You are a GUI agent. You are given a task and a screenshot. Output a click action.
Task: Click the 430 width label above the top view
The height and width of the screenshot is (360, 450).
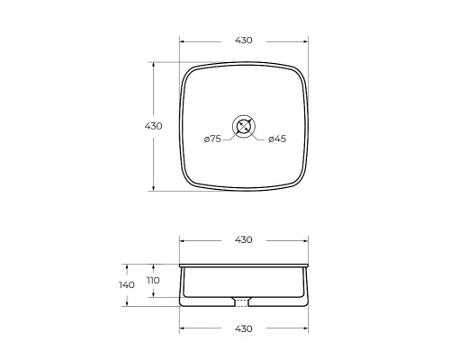coord(244,40)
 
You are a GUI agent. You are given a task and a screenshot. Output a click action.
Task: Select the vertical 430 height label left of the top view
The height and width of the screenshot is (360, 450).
coord(153,126)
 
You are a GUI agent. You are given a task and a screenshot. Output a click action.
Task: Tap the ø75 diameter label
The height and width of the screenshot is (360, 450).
coord(212,139)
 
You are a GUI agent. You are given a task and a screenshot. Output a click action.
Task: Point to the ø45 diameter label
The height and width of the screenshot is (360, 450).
coord(277,139)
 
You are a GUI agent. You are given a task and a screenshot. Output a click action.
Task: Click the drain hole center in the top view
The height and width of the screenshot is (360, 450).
coord(244,126)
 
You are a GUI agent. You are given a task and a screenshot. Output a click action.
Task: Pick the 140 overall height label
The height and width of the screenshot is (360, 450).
coord(127,285)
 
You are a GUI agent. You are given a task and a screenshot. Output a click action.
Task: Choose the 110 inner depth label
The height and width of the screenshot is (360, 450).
coord(153,281)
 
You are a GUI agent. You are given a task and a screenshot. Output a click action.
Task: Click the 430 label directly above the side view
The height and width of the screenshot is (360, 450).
coord(244,239)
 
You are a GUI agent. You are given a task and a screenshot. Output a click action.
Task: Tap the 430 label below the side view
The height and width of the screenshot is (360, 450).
coord(244,328)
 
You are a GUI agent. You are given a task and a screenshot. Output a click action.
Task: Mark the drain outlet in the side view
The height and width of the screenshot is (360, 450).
coord(241,301)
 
